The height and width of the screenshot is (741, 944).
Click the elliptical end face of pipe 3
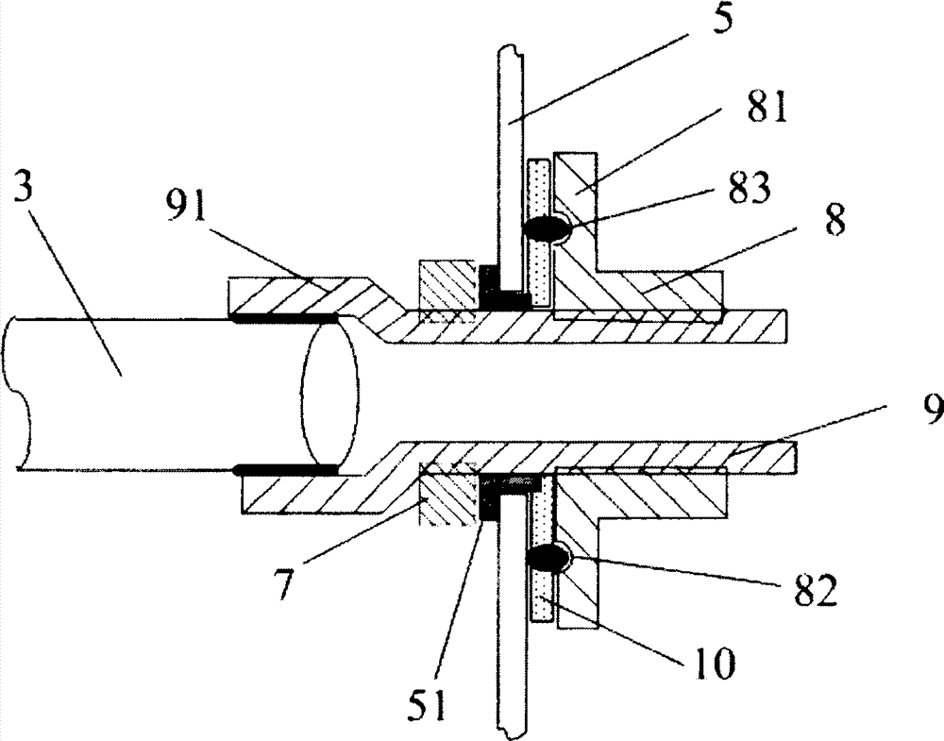(x=330, y=395)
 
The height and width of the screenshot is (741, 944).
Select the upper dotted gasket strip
(x=540, y=231)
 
